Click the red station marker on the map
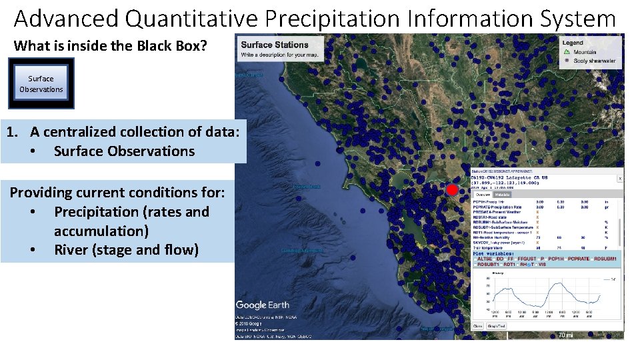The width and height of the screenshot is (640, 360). (x=452, y=190)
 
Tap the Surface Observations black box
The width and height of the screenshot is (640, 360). (x=41, y=83)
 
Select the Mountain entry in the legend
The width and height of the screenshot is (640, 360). (x=585, y=51)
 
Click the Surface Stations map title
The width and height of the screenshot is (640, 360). (x=275, y=45)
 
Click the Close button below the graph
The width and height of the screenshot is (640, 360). (x=478, y=326)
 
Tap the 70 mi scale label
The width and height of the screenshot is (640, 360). (x=565, y=335)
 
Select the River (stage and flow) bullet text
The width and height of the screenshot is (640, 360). (x=126, y=251)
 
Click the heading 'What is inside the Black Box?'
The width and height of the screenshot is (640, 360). (x=111, y=46)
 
